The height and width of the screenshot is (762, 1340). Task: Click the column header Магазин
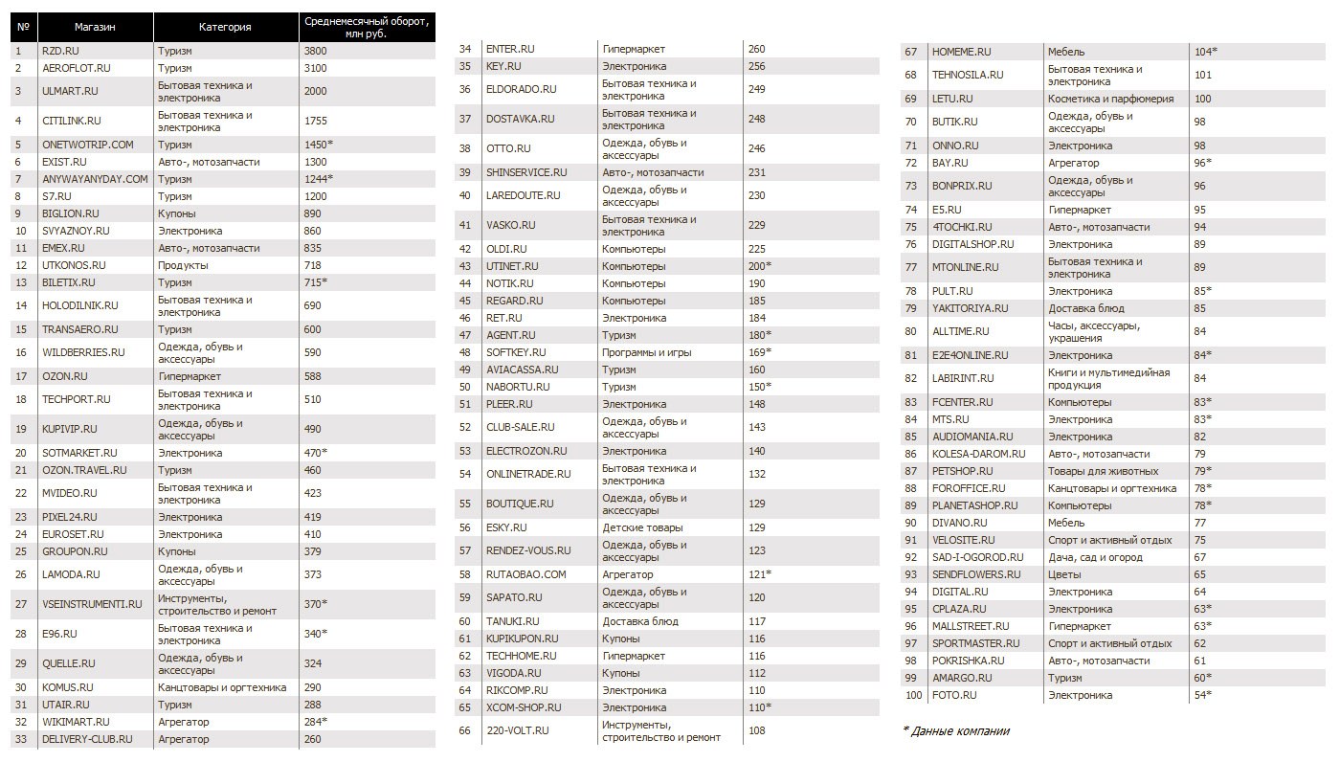tap(95, 27)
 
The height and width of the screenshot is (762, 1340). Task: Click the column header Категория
tap(225, 27)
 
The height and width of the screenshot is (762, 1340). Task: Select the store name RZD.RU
tap(60, 51)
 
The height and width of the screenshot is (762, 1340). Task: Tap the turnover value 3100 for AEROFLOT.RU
tap(315, 68)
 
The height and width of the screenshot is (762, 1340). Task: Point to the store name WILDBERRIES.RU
tap(83, 352)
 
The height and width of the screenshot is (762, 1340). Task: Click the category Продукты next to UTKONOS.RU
tap(179, 265)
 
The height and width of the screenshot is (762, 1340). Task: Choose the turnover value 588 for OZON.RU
tap(313, 376)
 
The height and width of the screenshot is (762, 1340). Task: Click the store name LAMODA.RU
tap(71, 574)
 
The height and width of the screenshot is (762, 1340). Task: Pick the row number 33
tap(19, 739)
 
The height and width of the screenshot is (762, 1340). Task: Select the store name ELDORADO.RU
tap(521, 89)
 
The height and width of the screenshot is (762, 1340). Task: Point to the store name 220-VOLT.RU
tap(518, 730)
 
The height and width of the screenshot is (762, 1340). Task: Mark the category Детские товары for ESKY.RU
tap(642, 527)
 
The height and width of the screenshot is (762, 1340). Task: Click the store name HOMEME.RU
tap(962, 52)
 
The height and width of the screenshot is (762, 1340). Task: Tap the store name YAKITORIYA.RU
tap(970, 308)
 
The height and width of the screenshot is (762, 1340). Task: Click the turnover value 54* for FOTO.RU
tap(1202, 695)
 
